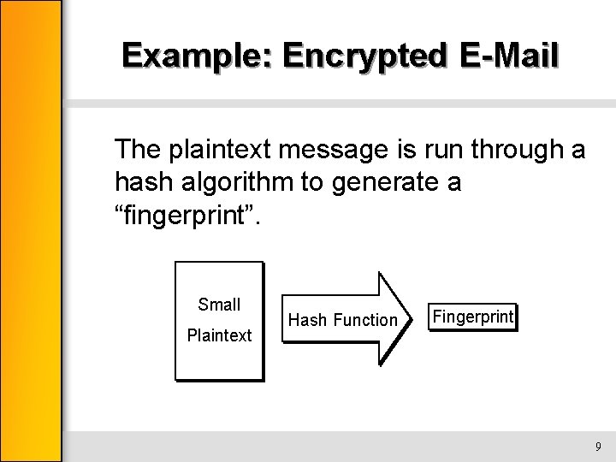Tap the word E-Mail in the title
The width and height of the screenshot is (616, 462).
pyautogui.click(x=510, y=56)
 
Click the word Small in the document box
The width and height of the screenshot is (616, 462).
pyautogui.click(x=219, y=305)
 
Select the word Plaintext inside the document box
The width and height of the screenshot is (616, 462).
pyautogui.click(x=219, y=335)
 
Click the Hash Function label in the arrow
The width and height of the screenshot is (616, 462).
pyautogui.click(x=343, y=320)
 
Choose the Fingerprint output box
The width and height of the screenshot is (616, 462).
pyautogui.click(x=473, y=317)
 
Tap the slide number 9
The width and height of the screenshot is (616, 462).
pyautogui.click(x=598, y=446)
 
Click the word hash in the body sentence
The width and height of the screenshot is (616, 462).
pyautogui.click(x=141, y=182)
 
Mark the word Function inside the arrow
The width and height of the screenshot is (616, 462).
pyautogui.click(x=365, y=320)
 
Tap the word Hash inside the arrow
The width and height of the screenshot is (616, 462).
pyautogui.click(x=307, y=320)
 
